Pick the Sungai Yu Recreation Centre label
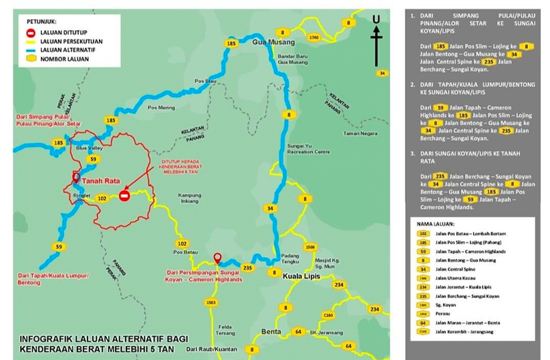click(308, 148)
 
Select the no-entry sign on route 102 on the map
click(124, 195)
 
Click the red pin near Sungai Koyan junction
click(217, 258)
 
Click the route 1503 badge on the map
click(212, 303)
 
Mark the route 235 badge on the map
click(247, 268)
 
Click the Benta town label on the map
click(271, 331)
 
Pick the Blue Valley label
click(90, 148)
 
